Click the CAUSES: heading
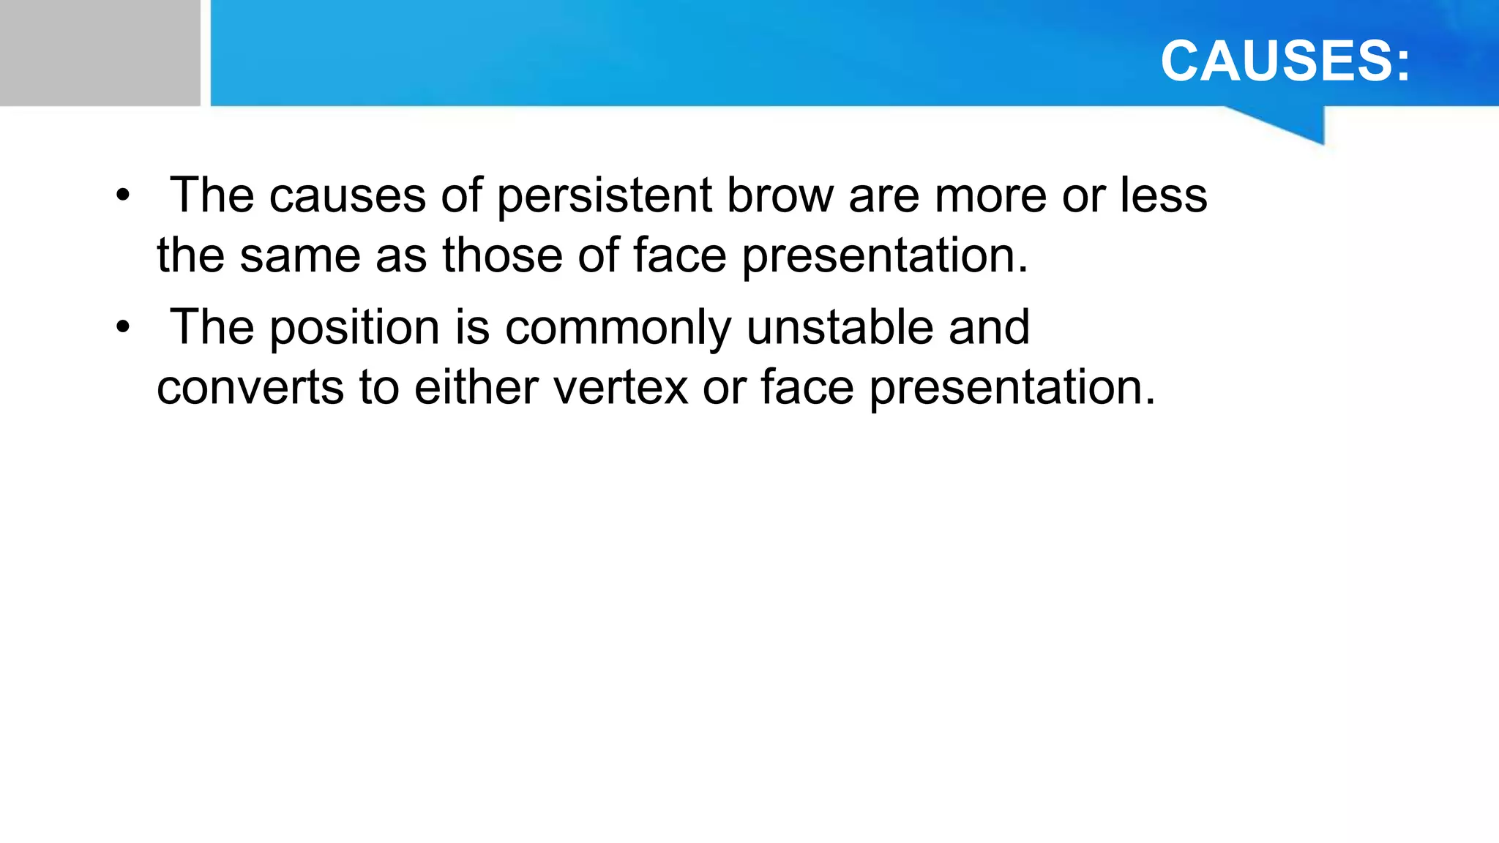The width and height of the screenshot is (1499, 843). coord(1285,61)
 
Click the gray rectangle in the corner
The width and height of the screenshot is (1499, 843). coord(100,53)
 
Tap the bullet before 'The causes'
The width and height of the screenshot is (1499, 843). coord(122,196)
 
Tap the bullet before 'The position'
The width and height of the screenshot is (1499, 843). coord(122,327)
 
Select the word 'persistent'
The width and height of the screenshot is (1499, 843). coord(605,196)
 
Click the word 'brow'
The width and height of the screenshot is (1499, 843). coord(780,196)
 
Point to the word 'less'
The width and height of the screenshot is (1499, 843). coord(1163,196)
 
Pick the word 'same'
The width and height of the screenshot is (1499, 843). coord(301,255)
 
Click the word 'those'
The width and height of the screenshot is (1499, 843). coord(504,255)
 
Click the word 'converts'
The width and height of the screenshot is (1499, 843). coord(250,387)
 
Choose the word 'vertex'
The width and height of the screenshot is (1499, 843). coord(621,387)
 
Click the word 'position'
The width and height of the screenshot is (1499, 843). coord(355,327)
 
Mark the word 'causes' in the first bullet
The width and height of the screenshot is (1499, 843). coord(348,196)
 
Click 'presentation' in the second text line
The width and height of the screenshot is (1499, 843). coord(885,255)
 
